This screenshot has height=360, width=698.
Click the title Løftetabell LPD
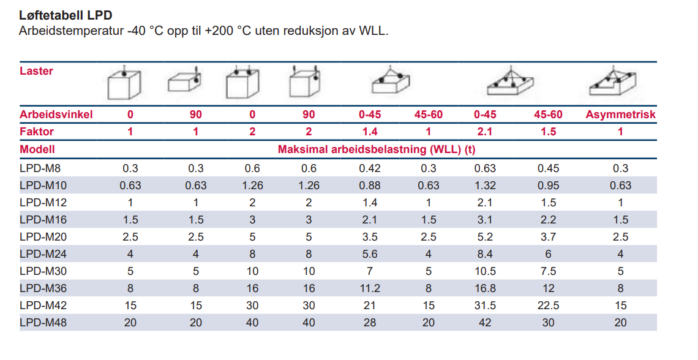[x=66, y=15]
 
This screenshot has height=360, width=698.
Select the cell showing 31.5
[x=484, y=305]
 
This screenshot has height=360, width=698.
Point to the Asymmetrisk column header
[x=620, y=114]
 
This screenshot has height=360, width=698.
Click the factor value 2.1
[x=484, y=132]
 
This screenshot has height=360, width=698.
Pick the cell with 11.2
[x=369, y=288]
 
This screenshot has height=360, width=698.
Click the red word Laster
[x=37, y=71]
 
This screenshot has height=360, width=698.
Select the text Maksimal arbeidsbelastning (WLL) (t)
[x=377, y=149]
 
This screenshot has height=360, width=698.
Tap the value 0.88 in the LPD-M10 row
[x=369, y=186]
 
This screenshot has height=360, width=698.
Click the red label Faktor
[x=37, y=132]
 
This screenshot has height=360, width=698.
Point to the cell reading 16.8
[x=484, y=288]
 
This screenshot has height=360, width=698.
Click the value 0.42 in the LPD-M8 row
[x=369, y=168]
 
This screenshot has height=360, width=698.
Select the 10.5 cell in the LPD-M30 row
[x=484, y=271]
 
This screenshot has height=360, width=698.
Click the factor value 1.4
[x=369, y=132]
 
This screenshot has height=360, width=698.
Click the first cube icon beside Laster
[x=124, y=84]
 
